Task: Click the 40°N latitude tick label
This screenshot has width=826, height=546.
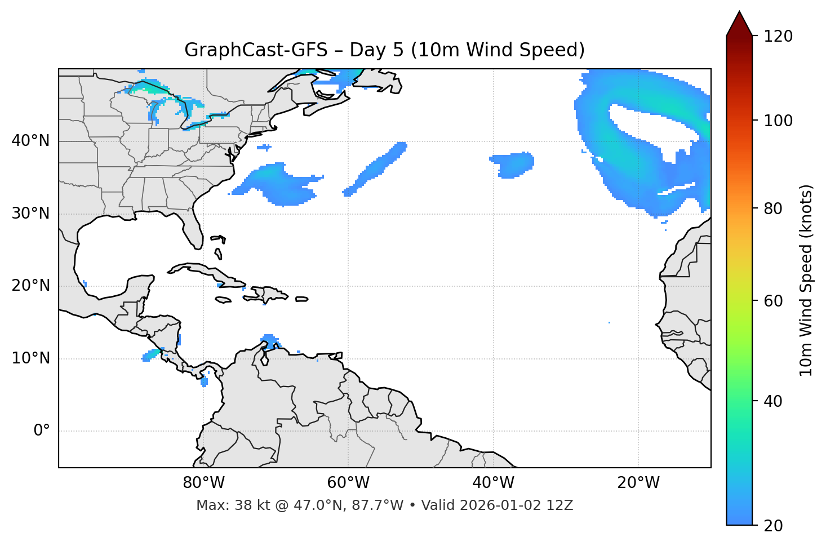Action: (x=30, y=141)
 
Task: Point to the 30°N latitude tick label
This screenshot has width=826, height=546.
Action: (x=30, y=214)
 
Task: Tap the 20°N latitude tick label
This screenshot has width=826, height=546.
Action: (x=30, y=286)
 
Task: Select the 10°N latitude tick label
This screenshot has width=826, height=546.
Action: (x=30, y=358)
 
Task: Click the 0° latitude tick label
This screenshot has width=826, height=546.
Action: (x=41, y=431)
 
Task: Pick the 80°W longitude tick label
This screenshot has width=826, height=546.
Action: (x=203, y=483)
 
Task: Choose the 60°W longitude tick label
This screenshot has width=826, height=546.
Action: (x=348, y=483)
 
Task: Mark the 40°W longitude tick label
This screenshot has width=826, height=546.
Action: (x=493, y=483)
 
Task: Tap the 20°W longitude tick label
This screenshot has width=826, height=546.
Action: (x=638, y=483)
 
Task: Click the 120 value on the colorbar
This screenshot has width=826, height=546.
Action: (x=778, y=37)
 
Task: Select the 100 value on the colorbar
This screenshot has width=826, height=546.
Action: (x=778, y=121)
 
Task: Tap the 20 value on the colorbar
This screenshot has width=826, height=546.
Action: (x=773, y=526)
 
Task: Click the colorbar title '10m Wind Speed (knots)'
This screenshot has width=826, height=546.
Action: (x=806, y=280)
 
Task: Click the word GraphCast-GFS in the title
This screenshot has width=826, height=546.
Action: (x=256, y=50)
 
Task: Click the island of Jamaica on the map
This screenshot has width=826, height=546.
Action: (x=223, y=300)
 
